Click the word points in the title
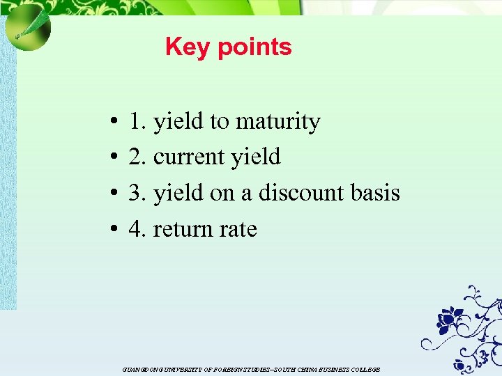[x=254, y=48]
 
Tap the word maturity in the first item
[x=277, y=122]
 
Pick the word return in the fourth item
[x=182, y=229]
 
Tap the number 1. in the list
[x=137, y=122]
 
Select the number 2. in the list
[x=137, y=157]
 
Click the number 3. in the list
[x=137, y=192]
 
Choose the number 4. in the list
[x=137, y=229]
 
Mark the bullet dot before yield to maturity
[x=112, y=123]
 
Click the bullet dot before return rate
[x=112, y=230]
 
